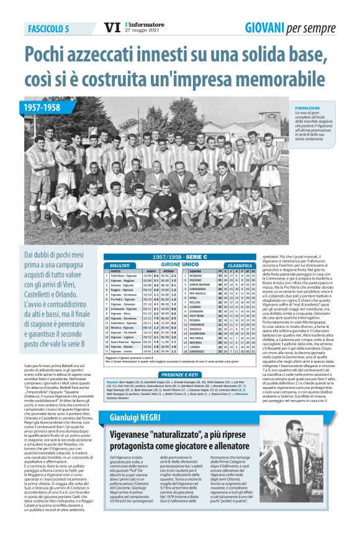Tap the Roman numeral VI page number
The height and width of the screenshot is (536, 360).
[111, 28]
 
